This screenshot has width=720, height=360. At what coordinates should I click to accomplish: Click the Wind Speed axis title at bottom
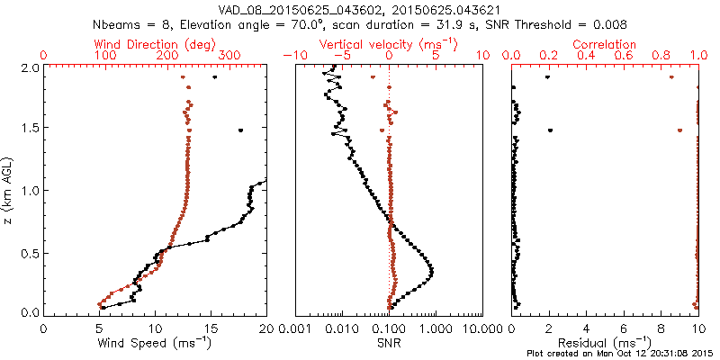[x=156, y=343]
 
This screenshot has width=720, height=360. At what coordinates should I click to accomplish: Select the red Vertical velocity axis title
[x=388, y=43]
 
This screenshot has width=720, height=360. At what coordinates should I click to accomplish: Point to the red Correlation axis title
[x=605, y=43]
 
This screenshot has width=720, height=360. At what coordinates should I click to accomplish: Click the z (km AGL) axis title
[x=9, y=189]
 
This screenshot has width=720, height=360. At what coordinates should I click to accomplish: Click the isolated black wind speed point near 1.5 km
[x=240, y=130]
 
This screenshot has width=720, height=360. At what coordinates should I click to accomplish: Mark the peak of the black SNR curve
[x=432, y=271]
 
